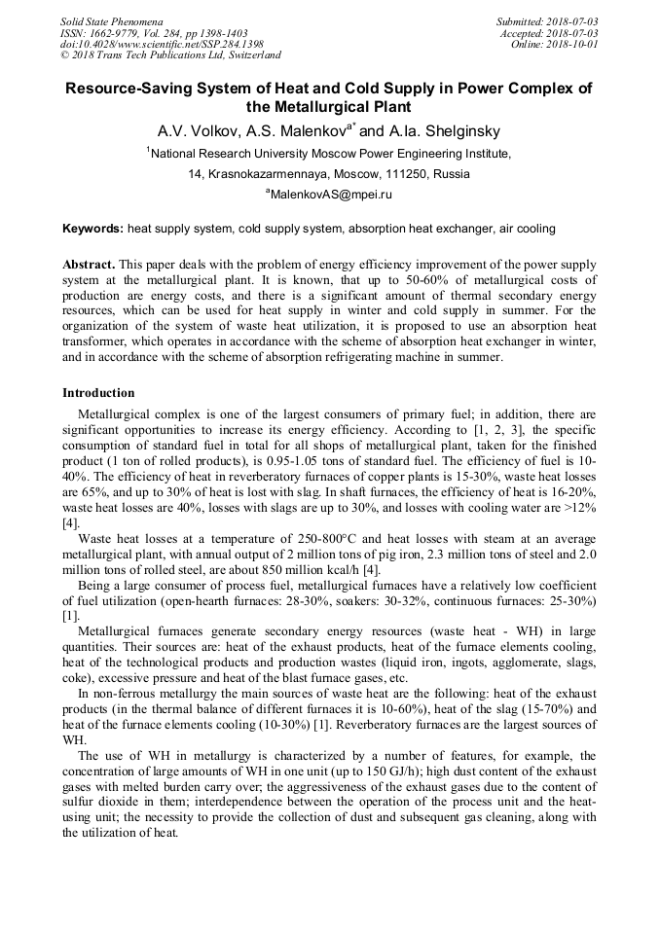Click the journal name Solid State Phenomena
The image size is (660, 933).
point(111,20)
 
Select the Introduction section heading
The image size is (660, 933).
point(98,393)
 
